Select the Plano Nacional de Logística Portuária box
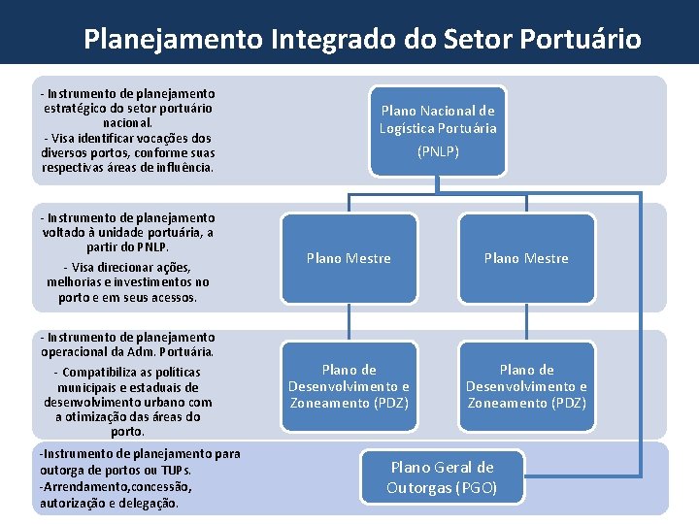(x=438, y=131)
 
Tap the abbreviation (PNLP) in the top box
(x=438, y=151)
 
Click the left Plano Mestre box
(x=349, y=258)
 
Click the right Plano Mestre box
(x=526, y=258)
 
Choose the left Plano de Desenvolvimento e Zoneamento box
(x=349, y=385)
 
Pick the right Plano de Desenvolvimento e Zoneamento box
(x=526, y=385)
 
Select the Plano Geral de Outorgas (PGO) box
(x=442, y=477)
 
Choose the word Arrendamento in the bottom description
(x=88, y=486)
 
